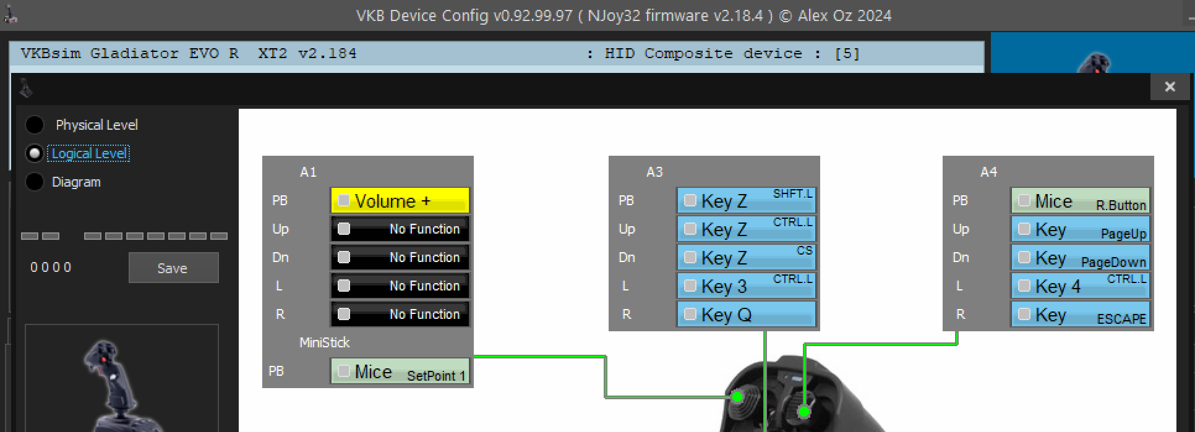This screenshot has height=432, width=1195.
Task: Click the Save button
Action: [x=173, y=268]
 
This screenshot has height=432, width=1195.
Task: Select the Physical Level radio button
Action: [x=35, y=125]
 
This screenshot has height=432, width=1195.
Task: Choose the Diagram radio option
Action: [x=35, y=182]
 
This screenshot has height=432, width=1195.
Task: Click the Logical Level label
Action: [x=89, y=153]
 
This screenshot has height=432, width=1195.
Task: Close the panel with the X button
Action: [x=1169, y=87]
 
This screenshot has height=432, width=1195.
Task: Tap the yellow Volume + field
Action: [x=400, y=201]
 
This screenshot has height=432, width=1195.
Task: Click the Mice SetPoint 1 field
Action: [x=400, y=371]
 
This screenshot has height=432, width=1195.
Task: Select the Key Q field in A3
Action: [x=747, y=315]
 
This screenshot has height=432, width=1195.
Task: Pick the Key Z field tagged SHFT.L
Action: [x=747, y=201]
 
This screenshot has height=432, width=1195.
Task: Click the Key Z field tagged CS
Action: [x=747, y=258]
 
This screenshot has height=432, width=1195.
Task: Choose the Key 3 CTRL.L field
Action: [x=747, y=286]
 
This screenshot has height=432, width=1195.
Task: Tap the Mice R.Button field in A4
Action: [x=1081, y=201]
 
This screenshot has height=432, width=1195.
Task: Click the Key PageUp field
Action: [x=1081, y=229]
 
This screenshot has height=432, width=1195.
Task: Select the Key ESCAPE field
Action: [x=1081, y=315]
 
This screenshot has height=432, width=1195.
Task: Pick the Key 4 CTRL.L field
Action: [x=1081, y=286]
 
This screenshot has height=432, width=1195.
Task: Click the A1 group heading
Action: [x=308, y=172]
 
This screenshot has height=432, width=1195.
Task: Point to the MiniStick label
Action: [x=324, y=342]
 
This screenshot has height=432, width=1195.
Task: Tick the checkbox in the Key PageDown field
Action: [x=1024, y=258]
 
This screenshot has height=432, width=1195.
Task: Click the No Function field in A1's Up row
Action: [x=400, y=229]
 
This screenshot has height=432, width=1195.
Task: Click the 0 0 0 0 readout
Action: [x=51, y=268]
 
